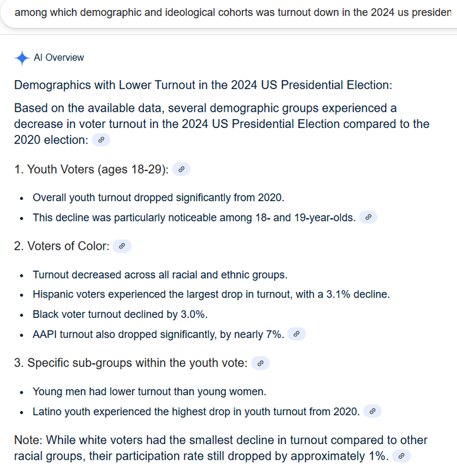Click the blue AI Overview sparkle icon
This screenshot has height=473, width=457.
click(21, 58)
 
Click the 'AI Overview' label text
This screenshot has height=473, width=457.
click(59, 58)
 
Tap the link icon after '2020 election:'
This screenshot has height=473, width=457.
click(101, 140)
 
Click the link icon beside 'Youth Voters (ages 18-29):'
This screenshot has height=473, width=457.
click(181, 169)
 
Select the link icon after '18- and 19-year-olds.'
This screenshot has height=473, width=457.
click(369, 218)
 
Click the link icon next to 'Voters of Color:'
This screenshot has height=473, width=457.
click(122, 247)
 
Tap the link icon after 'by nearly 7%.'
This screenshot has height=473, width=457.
click(297, 334)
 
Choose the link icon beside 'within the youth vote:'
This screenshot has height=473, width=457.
click(260, 363)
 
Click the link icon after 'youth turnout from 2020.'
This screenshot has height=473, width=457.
click(372, 412)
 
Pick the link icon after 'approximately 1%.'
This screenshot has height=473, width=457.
click(401, 455)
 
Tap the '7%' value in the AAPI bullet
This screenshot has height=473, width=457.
click(274, 334)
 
